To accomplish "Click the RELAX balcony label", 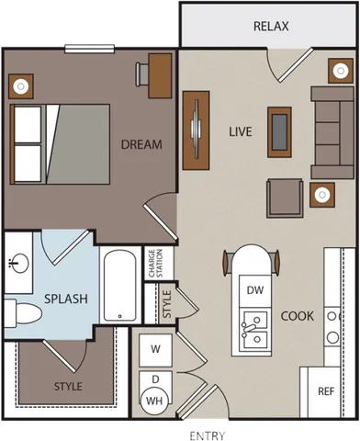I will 270,27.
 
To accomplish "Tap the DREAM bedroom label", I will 141,144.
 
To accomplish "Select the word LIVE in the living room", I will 241,131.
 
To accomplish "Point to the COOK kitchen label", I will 298,315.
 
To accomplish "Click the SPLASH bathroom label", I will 65,299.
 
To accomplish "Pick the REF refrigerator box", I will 325,390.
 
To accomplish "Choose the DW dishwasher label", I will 255,289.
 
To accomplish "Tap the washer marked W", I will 155,349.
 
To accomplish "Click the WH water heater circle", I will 154,400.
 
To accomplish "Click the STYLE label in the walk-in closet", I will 67,387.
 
